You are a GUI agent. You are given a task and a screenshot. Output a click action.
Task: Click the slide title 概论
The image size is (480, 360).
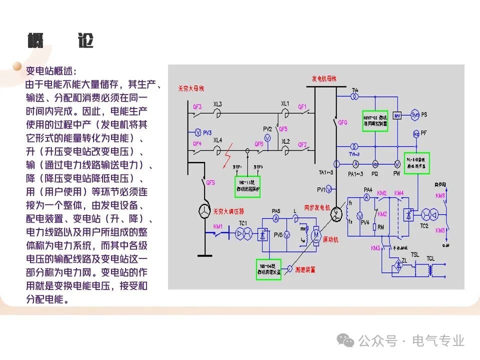pos(60,41)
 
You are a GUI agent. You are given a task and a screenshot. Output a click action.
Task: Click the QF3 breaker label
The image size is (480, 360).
pos(197,106)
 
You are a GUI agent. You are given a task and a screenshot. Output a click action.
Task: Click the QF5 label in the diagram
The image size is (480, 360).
pos(283,127)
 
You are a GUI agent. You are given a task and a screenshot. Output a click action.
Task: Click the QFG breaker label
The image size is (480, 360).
pos(342,121)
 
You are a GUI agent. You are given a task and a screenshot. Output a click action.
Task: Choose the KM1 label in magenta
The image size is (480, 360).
pos(218,226)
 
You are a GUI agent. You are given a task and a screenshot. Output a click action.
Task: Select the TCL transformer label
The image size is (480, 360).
pos(430,257)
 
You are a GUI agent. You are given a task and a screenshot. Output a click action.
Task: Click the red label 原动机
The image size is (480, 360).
pos(330,240)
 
